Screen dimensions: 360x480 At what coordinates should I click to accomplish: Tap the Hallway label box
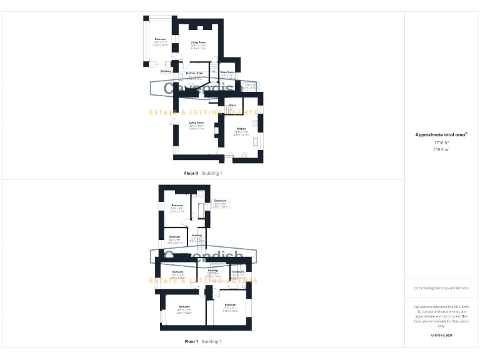coord(166,71)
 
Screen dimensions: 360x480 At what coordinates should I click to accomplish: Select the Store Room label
coord(227,71)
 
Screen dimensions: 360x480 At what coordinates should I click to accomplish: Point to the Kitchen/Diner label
coord(195,73)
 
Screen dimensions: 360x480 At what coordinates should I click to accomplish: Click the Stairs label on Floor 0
coord(232,106)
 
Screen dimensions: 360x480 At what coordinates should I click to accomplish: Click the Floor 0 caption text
coord(191,172)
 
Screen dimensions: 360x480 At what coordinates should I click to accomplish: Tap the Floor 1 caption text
coord(191,342)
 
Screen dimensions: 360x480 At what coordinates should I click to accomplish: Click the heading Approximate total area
coord(441,134)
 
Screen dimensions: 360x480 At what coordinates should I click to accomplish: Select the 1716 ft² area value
coord(442,143)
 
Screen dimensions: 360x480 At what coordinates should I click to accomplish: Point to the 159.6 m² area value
coord(442,149)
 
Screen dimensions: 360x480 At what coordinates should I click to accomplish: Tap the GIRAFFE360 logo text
coord(442,336)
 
